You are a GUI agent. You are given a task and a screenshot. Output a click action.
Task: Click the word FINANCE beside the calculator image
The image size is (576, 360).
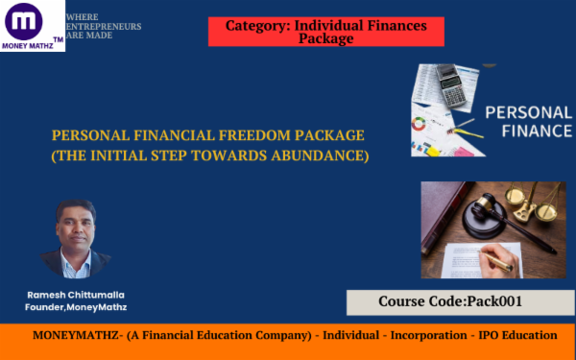coord(527,132)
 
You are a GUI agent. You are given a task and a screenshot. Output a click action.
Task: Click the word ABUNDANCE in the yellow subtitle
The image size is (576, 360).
coord(324,156)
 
